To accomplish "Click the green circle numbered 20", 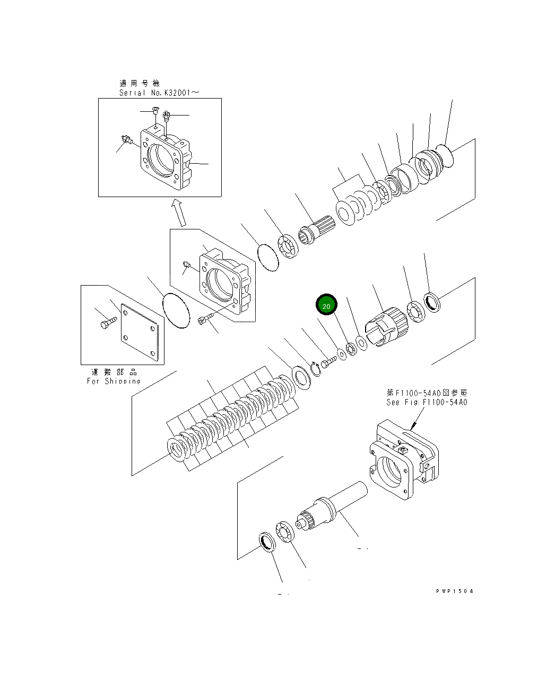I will tap(326, 306).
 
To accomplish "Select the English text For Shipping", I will tap(114, 381).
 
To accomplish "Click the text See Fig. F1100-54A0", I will tap(427, 402).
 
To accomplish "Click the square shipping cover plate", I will tap(140, 334).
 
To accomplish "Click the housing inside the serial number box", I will tap(164, 156).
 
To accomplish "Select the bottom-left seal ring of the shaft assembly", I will tap(267, 543).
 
